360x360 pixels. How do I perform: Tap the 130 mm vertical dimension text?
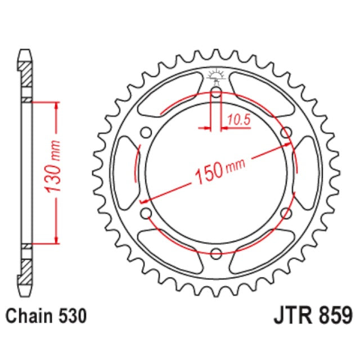(54, 172)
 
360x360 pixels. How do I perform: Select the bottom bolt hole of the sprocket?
(217, 253)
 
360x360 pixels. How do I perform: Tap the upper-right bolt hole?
(286, 133)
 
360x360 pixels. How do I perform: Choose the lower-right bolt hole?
(286, 213)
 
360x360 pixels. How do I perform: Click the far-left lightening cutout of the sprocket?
(125, 173)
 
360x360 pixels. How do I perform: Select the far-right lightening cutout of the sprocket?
(308, 173)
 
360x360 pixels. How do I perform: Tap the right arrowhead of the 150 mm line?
(289, 145)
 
